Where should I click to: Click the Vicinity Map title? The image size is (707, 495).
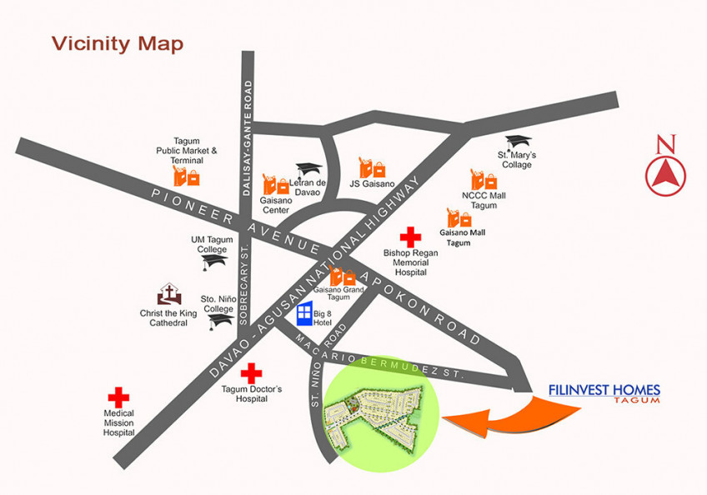118,43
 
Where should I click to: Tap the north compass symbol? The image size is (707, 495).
665,171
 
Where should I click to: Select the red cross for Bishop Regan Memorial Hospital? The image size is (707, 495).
410,237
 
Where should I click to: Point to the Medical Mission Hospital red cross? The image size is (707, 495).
119,397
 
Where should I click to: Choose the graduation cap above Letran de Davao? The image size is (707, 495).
308,169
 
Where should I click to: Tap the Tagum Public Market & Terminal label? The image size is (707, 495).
193,151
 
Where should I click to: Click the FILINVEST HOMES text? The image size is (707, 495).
604,389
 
